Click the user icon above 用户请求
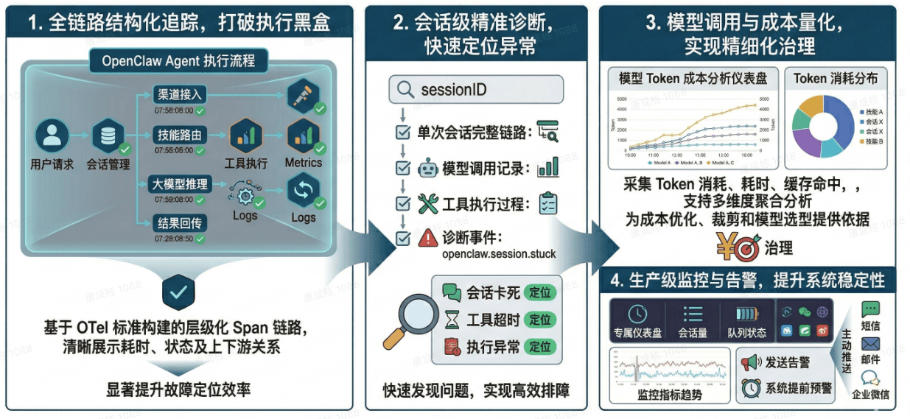[52, 136]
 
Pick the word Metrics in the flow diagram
[304, 162]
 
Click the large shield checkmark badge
[178, 292]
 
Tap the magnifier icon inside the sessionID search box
[405, 90]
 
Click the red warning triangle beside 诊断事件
[428, 238]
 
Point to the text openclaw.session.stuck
[499, 255]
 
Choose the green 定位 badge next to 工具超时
[540, 320]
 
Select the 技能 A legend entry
[875, 111]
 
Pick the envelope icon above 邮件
[871, 344]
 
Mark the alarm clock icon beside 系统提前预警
[751, 387]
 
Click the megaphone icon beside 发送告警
[750, 362]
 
